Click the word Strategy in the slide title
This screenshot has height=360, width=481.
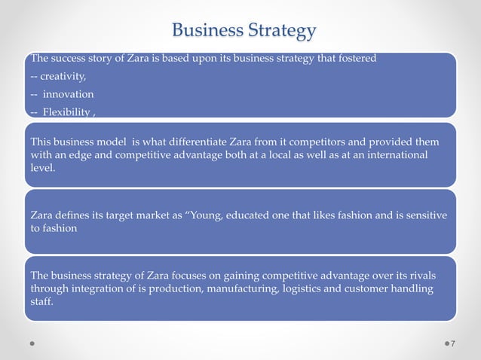point(281,32)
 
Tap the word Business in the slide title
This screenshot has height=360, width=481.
point(207,31)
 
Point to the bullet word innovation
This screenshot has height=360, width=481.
point(68,94)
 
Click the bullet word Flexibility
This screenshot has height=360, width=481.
point(67,112)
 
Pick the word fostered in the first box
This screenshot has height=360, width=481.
point(356,59)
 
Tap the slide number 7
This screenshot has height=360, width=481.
point(452,344)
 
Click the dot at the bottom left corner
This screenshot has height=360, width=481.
point(31,343)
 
